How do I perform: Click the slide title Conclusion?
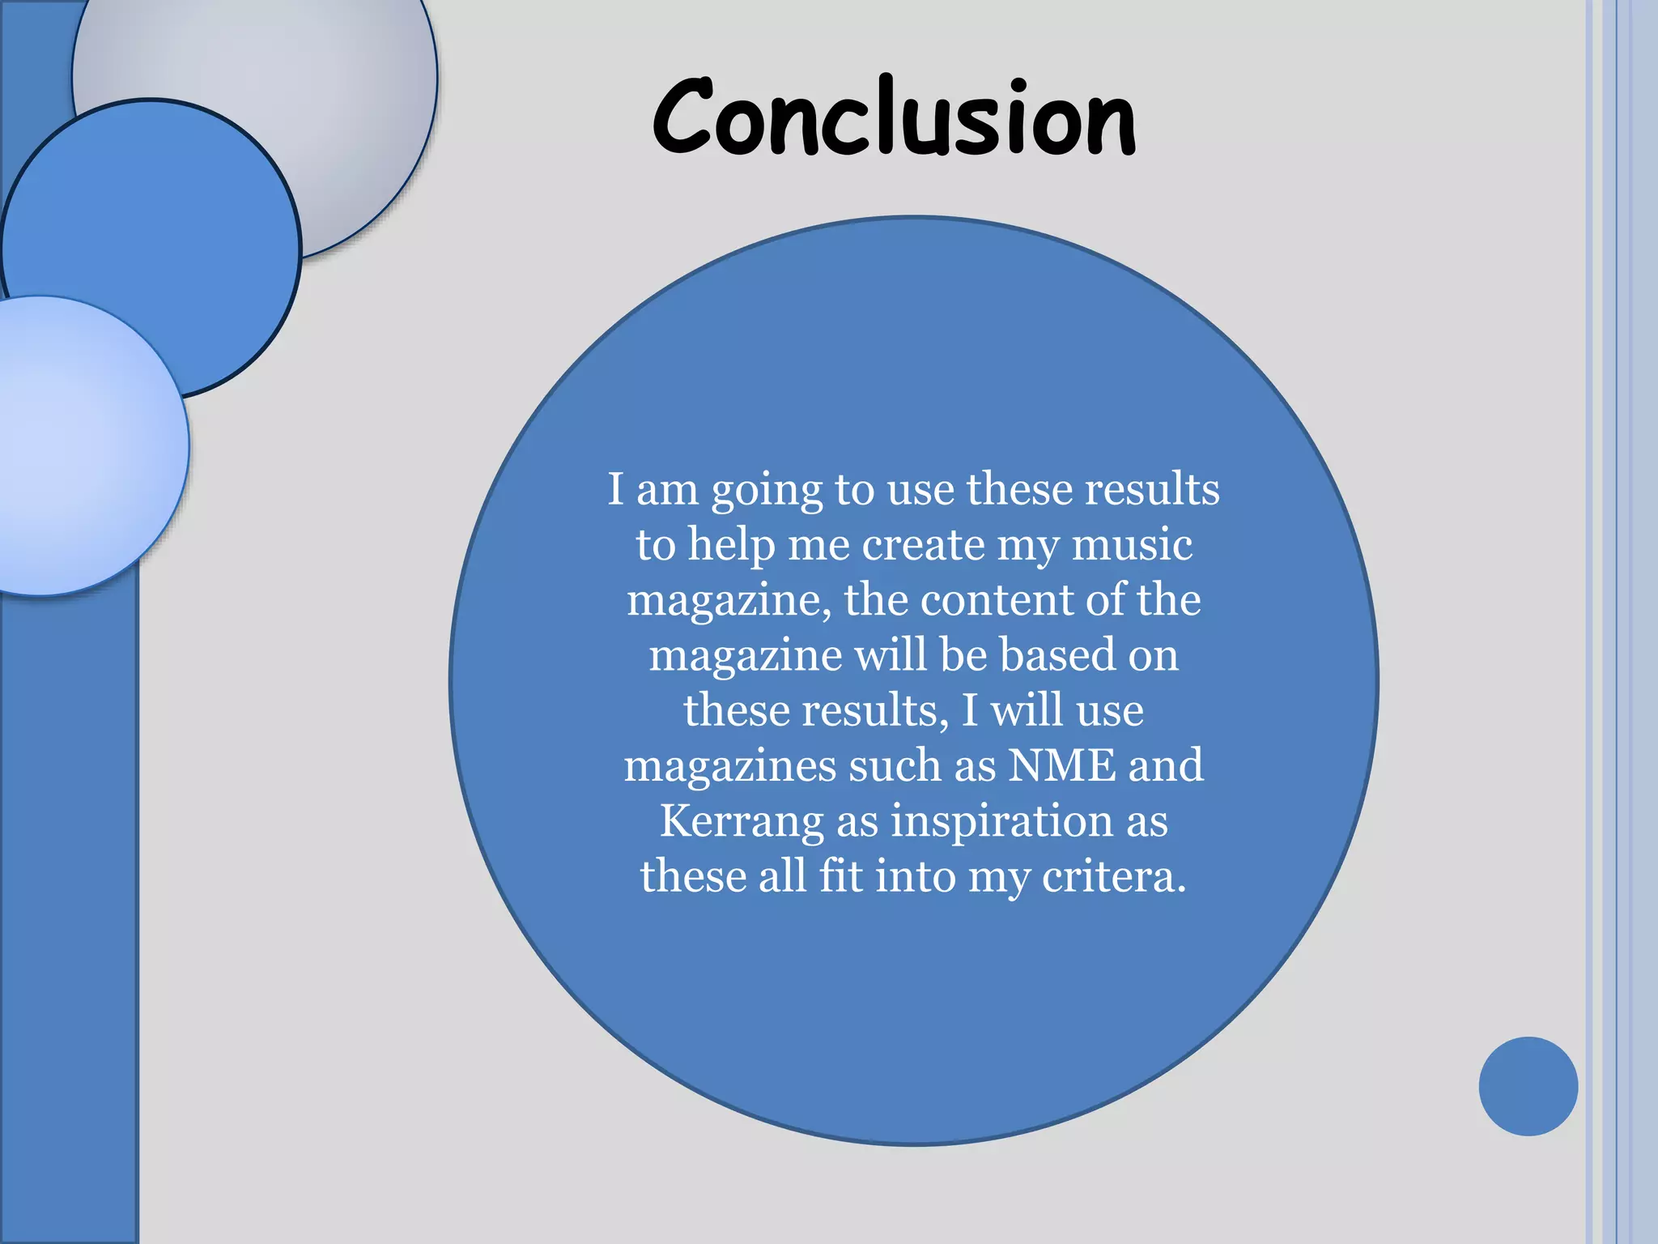pos(894,118)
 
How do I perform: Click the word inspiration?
pos(1002,821)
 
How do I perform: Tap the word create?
pos(922,544)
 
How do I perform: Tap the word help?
pos(731,544)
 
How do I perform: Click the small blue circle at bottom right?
pos(1528,1086)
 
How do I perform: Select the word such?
pos(895,765)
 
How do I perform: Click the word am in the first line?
pos(667,491)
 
